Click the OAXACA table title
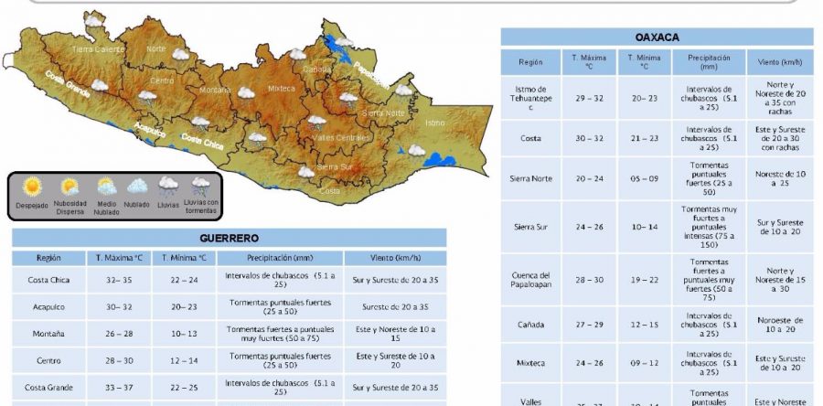click(x=657, y=37)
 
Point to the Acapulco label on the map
click(x=150, y=130)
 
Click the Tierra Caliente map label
click(x=96, y=48)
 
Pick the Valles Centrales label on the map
click(x=341, y=137)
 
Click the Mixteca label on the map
click(x=281, y=89)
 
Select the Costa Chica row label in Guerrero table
click(x=48, y=280)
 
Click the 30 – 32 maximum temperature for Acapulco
click(x=119, y=307)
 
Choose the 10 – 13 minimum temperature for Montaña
click(x=183, y=334)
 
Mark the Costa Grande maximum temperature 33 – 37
click(x=119, y=387)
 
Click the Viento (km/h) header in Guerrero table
click(x=395, y=258)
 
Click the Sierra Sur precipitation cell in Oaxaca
click(x=709, y=227)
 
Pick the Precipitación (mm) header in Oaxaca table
click(x=709, y=62)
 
